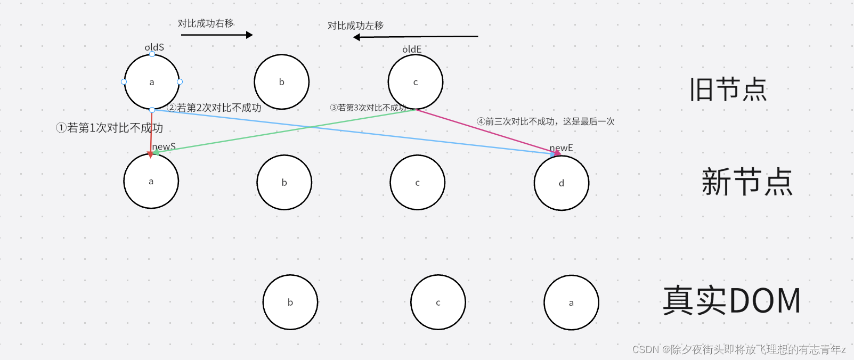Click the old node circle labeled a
[152, 82]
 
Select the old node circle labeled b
[281, 82]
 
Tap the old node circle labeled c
[416, 82]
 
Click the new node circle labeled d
[561, 183]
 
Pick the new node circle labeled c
[417, 183]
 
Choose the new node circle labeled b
[284, 183]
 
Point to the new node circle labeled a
[151, 182]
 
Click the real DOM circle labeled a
[571, 302]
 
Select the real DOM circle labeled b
[290, 302]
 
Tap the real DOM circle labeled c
[438, 302]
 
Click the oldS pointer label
[154, 47]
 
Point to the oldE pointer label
[412, 50]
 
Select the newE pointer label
[562, 148]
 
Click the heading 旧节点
[728, 89]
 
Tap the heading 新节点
[747, 182]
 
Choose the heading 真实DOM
[732, 300]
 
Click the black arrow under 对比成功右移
[217, 35]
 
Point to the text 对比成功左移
[355, 26]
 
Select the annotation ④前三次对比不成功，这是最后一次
[546, 121]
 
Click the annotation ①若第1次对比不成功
[109, 128]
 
